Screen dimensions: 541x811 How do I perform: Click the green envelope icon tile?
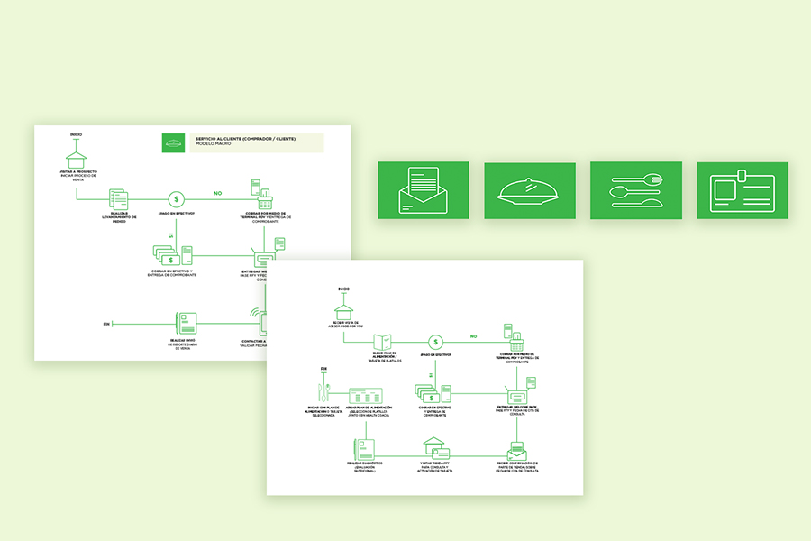coord(423,190)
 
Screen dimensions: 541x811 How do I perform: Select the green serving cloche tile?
coord(529,190)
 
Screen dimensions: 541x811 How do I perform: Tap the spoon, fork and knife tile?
coord(635,190)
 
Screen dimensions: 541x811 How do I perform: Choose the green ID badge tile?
coord(742,190)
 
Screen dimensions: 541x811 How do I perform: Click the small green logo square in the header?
coord(174,142)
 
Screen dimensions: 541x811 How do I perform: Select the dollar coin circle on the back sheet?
coord(178,198)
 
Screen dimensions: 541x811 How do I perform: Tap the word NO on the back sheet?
coord(217,193)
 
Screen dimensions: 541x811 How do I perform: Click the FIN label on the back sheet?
coord(106,323)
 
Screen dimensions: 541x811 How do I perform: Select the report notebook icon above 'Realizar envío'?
coord(185,324)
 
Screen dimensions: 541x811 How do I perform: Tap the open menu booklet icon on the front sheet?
coord(383,342)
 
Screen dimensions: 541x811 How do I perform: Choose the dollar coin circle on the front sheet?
coord(435,342)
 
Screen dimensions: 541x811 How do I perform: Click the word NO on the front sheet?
coord(472,337)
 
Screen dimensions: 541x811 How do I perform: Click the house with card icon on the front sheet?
coord(436,447)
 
